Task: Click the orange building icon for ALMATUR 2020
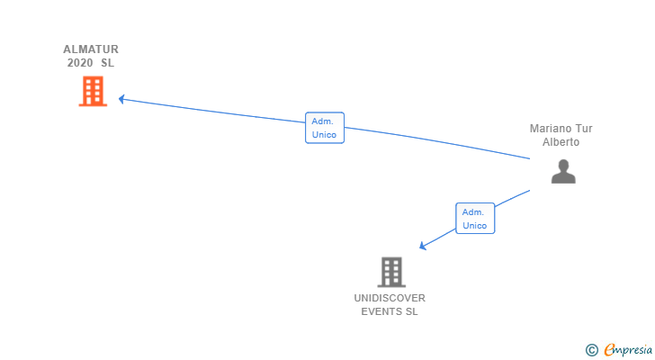click(93, 91)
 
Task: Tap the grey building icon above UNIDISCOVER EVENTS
click(390, 272)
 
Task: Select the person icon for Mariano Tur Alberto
click(563, 171)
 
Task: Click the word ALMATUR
click(91, 49)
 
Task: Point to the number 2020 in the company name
click(80, 63)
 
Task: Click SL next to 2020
click(108, 63)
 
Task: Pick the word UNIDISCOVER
click(390, 298)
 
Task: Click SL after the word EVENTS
click(412, 311)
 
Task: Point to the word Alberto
click(561, 142)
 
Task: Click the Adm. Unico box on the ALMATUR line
click(325, 128)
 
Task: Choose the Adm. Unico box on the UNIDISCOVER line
click(475, 219)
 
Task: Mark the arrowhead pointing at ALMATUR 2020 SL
click(121, 99)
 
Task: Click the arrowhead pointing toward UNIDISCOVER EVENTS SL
click(423, 246)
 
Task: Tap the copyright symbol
click(591, 350)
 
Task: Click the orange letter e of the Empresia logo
click(610, 350)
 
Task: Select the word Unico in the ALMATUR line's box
click(325, 135)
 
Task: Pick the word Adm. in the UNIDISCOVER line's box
click(474, 211)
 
